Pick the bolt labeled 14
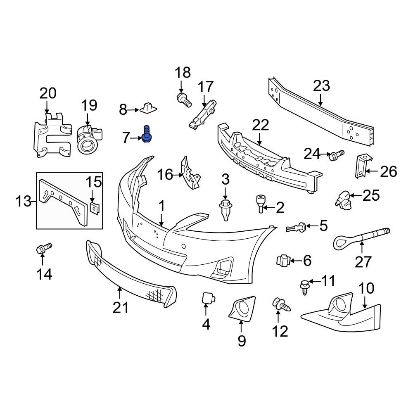click(x=43, y=249)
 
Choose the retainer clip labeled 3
click(x=225, y=209)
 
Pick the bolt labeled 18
click(x=183, y=99)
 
